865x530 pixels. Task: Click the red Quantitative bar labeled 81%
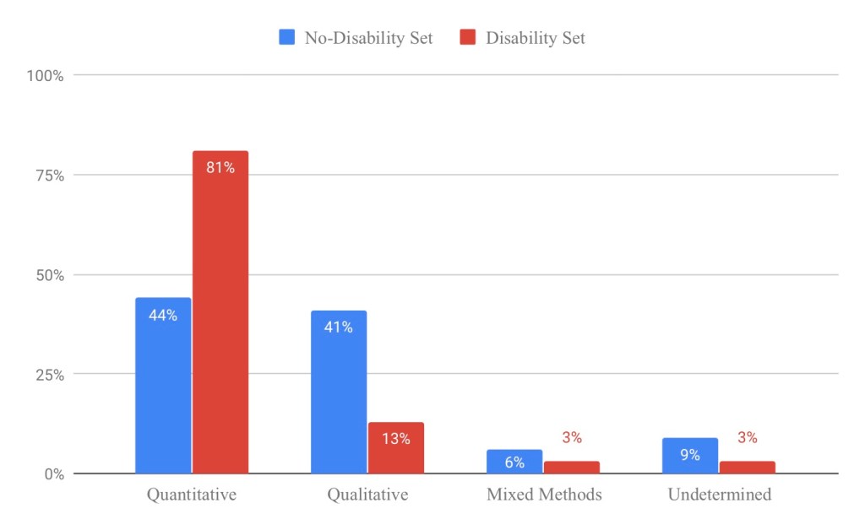220,312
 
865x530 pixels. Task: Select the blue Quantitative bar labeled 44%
163,386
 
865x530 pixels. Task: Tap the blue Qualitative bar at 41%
339,392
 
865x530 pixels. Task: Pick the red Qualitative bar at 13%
395,448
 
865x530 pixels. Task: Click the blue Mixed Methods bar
514,462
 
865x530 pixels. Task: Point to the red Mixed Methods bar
571,468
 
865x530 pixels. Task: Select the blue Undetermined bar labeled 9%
690,456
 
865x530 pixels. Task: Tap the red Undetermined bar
747,468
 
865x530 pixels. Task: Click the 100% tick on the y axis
45,76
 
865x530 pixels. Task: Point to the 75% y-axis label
48,176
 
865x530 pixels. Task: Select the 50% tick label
48,275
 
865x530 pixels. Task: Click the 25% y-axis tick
48,375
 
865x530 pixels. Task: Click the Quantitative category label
192,495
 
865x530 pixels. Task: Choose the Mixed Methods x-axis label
544,495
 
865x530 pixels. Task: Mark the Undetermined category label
720,495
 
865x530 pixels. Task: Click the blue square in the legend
286,37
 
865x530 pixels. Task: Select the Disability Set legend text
535,38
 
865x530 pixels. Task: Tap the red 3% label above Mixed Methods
572,438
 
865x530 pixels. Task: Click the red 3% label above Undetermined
748,438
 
